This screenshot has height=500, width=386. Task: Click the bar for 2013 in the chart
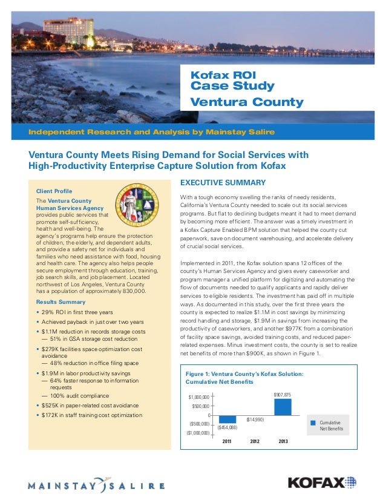pos(283,407)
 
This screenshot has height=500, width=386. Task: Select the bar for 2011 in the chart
pos(227,419)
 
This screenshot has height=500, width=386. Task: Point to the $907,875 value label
pos(283,395)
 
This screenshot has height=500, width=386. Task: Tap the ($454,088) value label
pos(227,427)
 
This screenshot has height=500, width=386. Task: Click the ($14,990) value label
pos(255,419)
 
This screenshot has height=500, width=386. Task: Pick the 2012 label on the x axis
pos(255,441)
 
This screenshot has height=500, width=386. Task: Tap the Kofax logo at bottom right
pos(322,482)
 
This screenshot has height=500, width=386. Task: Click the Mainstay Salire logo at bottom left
pos(97,485)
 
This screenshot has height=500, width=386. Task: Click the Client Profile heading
pos(54,191)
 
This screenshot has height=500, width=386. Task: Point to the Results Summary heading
pos(61,301)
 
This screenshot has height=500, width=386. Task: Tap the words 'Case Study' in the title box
pos(232,87)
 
